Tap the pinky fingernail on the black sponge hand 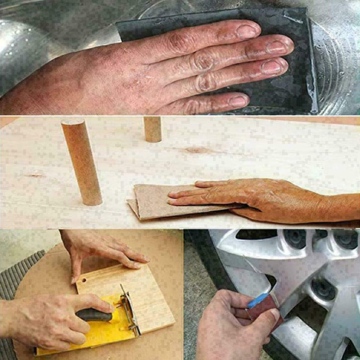[238, 101]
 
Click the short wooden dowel [153, 129]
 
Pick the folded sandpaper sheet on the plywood [153, 202]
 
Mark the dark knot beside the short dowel [198, 150]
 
